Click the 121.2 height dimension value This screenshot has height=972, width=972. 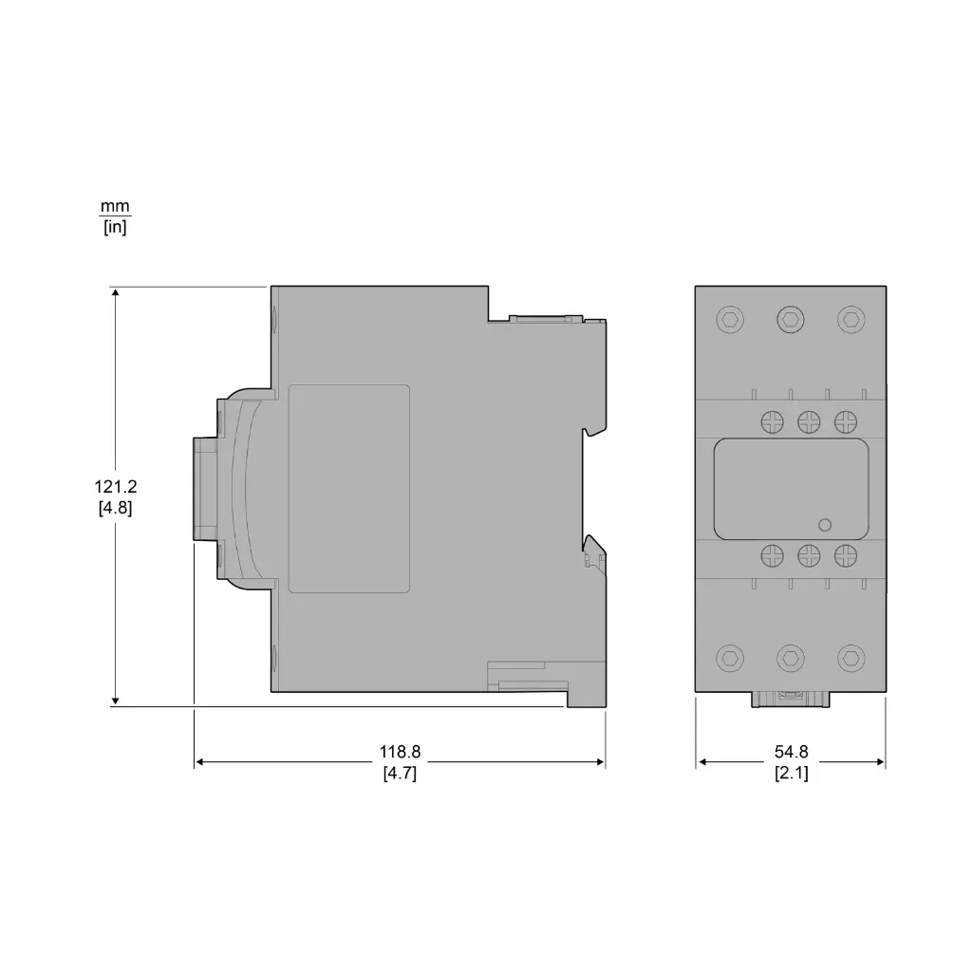point(115,487)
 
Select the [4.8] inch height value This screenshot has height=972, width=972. point(115,507)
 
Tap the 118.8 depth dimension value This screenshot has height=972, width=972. point(400,752)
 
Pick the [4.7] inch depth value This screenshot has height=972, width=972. point(400,773)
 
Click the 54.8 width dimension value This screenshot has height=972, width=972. point(792,752)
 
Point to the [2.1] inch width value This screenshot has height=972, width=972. point(792,773)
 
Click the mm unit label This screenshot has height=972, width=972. point(115,206)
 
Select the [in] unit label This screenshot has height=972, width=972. point(115,227)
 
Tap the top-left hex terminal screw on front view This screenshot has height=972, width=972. point(729,320)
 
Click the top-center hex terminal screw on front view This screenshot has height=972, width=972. point(790,320)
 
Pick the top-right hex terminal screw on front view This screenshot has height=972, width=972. point(850,320)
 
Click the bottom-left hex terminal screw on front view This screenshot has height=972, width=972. point(729,657)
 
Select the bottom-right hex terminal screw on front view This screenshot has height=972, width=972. point(850,657)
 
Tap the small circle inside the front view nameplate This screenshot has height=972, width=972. point(824,525)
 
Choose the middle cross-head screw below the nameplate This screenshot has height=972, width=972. point(808,553)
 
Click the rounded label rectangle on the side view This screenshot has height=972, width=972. point(348,489)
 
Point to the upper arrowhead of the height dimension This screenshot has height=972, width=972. point(115,292)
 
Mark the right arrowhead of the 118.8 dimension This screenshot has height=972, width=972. point(600,762)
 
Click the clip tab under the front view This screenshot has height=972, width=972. point(790,700)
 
